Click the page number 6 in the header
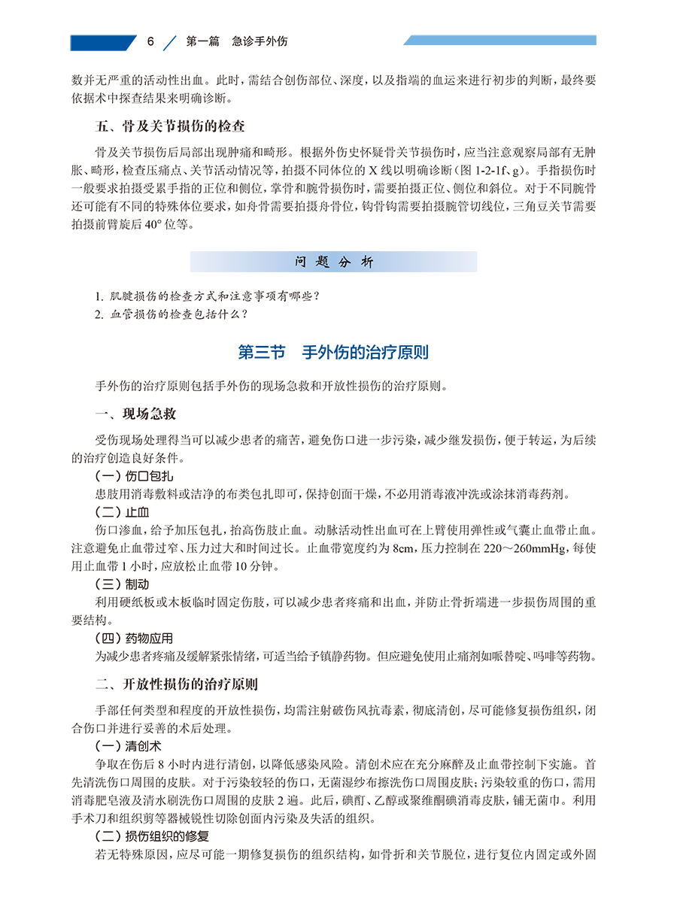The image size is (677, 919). point(151,42)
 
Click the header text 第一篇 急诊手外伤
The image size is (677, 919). point(236,42)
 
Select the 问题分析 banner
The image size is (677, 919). point(333,262)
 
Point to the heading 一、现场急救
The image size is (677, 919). point(136,414)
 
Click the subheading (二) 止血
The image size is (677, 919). point(121,512)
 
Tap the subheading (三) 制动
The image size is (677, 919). point(121,584)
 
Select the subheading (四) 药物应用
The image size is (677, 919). point(132,638)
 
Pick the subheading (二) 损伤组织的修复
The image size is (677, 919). point(151,836)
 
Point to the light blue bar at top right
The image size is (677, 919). point(499,40)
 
